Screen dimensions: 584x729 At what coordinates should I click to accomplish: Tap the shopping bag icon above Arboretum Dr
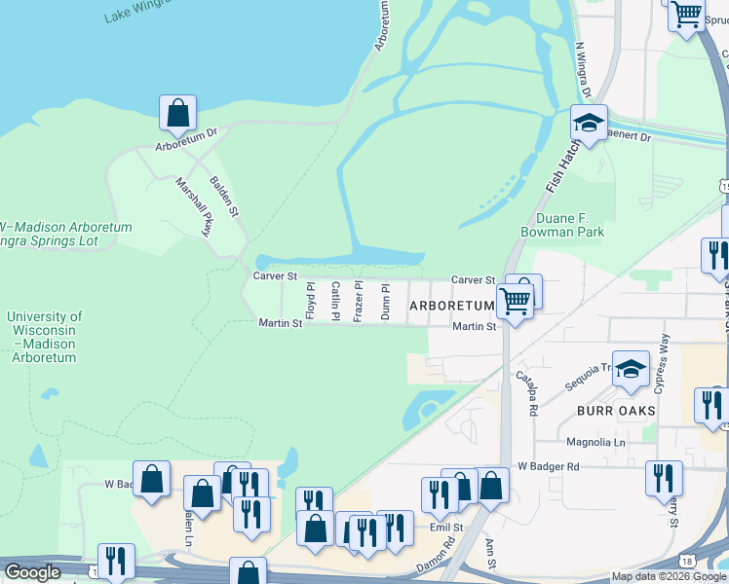[x=177, y=114]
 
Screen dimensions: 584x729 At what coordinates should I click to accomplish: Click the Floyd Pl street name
[x=310, y=301]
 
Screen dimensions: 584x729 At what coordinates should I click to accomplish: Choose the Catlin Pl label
[x=335, y=301]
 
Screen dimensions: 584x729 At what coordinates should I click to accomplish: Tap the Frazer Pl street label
[x=359, y=301]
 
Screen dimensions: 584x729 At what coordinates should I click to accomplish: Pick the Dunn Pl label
[x=386, y=302]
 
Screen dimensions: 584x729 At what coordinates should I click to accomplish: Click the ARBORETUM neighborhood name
[x=452, y=306]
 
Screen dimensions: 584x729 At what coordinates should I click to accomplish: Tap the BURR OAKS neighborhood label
[x=615, y=411]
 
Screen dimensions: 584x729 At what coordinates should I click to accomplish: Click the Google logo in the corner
[x=32, y=572]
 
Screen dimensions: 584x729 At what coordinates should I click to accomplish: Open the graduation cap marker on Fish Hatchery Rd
[x=589, y=124]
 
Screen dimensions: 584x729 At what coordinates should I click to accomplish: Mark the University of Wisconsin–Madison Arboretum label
[x=44, y=337]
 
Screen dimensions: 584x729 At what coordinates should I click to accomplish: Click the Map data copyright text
[x=669, y=576]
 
